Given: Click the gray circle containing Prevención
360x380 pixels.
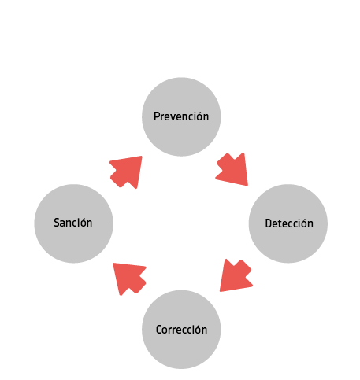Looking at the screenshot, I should pos(181,116).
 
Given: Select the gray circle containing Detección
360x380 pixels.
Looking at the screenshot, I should pos(288,223).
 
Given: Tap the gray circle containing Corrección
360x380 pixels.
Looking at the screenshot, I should pos(181,330).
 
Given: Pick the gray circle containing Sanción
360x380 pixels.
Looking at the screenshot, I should pos(74,223).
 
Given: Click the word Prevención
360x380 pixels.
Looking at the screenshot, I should pos(181,116).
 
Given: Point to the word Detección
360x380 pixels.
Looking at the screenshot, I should pos(289,223).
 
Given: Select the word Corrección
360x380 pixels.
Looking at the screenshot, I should pos(181,330).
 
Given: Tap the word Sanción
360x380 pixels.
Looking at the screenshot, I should pos(73,223).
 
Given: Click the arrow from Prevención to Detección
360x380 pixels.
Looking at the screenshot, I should pos(233,170).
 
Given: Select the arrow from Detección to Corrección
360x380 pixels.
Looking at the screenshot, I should pos(235,275).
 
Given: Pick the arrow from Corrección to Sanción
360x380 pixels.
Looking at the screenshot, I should pos(129,278).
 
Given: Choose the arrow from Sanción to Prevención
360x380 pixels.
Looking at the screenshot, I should pos(126,172).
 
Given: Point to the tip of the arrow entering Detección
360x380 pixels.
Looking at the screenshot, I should pos(247,186).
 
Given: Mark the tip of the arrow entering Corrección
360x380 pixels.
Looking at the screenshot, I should pos(220,291).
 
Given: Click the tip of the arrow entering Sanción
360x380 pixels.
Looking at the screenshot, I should pos(113,264).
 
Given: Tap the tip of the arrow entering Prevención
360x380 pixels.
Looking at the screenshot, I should pos(142,157).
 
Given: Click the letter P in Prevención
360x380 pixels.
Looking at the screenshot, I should pos(157,116).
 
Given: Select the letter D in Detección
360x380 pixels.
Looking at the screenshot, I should pos(269,223).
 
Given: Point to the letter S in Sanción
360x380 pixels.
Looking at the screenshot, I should pos(57,223).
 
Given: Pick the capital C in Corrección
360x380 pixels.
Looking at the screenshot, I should pos(159,330).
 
